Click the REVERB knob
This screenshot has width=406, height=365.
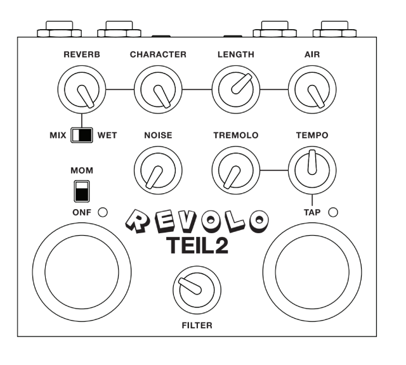click(x=82, y=89)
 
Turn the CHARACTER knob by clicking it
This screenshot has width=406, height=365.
click(x=158, y=89)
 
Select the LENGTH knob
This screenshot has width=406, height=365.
click(x=236, y=89)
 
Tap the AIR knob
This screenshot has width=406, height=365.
click(x=312, y=89)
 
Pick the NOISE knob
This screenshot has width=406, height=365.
click(x=158, y=170)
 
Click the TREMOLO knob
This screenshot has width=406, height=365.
click(x=236, y=170)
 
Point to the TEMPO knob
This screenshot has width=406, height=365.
click(x=312, y=170)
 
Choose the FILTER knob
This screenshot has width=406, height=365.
click(x=197, y=290)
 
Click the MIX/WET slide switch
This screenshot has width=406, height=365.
click(x=82, y=135)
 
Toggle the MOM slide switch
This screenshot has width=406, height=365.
click(x=82, y=191)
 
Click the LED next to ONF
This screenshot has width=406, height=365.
click(x=103, y=212)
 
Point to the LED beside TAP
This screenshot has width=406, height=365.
click(x=333, y=212)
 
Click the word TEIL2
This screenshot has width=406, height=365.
click(x=197, y=246)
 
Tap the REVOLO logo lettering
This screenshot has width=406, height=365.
click(x=197, y=221)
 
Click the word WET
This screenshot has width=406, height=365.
click(x=107, y=135)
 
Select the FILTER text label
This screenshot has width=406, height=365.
click(x=197, y=326)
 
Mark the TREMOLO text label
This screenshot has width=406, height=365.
click(x=236, y=135)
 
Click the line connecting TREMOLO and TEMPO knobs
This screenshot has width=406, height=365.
click(x=274, y=170)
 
